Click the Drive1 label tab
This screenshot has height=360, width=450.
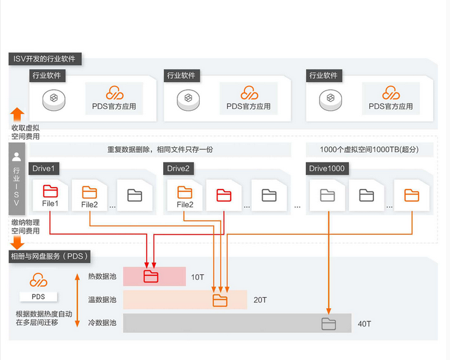44,169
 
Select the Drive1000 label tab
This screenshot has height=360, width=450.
328,169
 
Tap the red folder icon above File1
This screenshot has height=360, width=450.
50,193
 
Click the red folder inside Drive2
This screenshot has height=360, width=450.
225,194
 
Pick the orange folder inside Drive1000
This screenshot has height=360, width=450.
411,195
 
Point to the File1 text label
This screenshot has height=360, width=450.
51,205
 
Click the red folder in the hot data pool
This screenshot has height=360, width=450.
151,276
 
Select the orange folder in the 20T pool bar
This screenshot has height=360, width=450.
220,300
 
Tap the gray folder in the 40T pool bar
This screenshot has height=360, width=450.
328,323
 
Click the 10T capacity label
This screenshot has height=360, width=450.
198,277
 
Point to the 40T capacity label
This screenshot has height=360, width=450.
364,324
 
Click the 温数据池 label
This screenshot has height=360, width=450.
102,300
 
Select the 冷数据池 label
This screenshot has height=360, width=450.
102,323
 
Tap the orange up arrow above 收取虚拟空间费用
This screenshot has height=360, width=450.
18,114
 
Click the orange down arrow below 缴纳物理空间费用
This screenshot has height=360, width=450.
18,243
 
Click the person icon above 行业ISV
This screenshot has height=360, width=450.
17,157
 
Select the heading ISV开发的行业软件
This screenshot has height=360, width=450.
45,59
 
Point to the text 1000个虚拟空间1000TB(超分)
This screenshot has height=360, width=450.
369,150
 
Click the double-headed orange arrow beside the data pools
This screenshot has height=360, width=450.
78,300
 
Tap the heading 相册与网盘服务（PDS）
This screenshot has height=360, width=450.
49,256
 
